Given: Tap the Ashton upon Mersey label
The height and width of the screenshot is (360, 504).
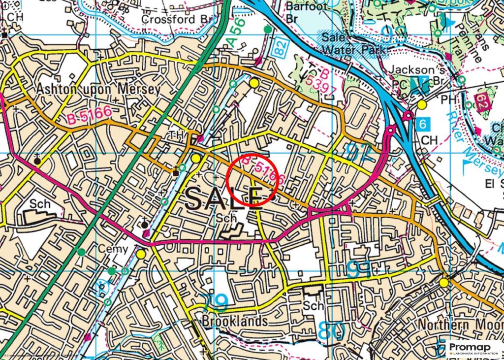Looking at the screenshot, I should click(x=98, y=89).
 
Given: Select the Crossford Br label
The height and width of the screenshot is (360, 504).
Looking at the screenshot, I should click(x=175, y=19).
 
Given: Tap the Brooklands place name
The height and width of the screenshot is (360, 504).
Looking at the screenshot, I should click(x=235, y=321).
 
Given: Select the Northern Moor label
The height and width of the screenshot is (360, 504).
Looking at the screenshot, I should click(x=460, y=325).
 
